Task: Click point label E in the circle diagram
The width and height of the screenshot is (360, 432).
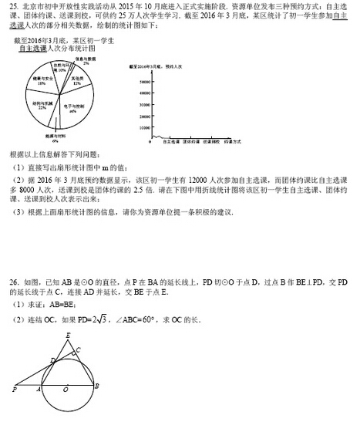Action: pyautogui.click(x=68, y=335)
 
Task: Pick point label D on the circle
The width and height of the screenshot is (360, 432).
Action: pyautogui.click(x=52, y=360)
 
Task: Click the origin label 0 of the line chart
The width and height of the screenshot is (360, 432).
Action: pyautogui.click(x=147, y=143)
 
